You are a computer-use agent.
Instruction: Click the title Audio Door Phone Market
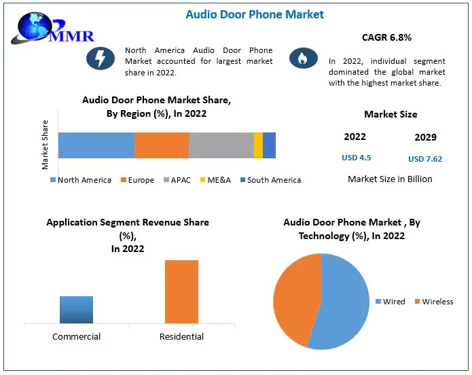[x=255, y=14]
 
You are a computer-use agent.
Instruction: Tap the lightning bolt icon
[x=100, y=58]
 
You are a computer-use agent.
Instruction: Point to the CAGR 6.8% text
[x=386, y=37]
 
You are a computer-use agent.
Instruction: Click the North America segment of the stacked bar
[x=96, y=145]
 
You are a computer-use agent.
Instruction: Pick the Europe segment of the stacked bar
[x=161, y=145]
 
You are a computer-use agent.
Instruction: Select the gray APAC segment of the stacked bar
[x=221, y=145]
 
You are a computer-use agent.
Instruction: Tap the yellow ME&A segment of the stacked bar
[x=258, y=145]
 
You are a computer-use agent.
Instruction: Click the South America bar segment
[x=269, y=145]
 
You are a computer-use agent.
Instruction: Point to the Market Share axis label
[x=45, y=145]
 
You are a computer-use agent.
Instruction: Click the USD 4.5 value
[x=356, y=158]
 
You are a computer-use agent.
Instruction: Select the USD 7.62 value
[x=425, y=159]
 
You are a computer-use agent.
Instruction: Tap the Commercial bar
[x=76, y=310]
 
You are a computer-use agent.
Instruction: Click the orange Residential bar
[x=181, y=291]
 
